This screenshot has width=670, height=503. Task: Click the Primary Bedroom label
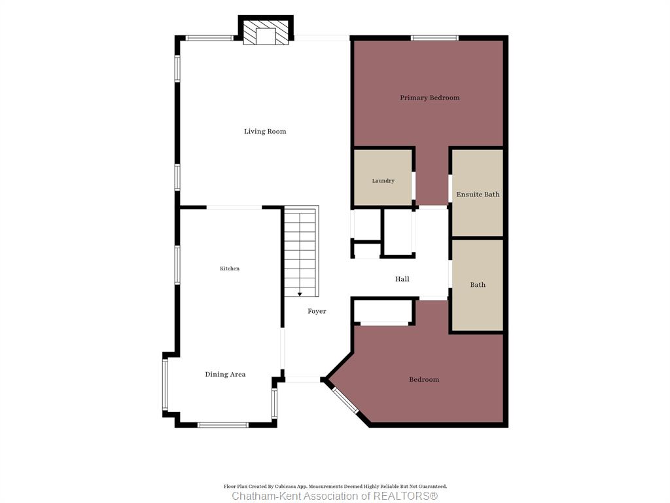click(x=430, y=98)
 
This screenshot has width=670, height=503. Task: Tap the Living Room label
click(x=265, y=131)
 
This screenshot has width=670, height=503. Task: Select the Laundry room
click(x=383, y=177)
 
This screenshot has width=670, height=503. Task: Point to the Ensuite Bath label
click(x=478, y=194)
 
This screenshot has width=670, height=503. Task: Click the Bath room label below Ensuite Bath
click(x=478, y=284)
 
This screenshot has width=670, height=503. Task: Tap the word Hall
click(x=402, y=279)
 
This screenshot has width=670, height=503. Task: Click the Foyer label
click(x=317, y=311)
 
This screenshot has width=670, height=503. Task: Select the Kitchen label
click(x=230, y=268)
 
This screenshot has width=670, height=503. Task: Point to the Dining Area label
click(x=225, y=374)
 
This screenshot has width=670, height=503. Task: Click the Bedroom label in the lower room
click(x=424, y=379)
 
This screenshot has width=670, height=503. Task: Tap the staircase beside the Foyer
click(x=301, y=251)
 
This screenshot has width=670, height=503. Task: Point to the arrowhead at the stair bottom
click(x=300, y=294)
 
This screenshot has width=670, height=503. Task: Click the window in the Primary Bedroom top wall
click(x=434, y=38)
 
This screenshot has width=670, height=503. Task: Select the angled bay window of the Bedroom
click(x=345, y=400)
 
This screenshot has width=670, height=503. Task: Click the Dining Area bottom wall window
click(x=223, y=424)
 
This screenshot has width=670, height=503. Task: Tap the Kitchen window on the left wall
click(x=177, y=265)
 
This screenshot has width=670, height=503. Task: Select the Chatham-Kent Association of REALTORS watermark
click(x=335, y=496)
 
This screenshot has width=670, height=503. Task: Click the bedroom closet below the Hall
click(x=383, y=311)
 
